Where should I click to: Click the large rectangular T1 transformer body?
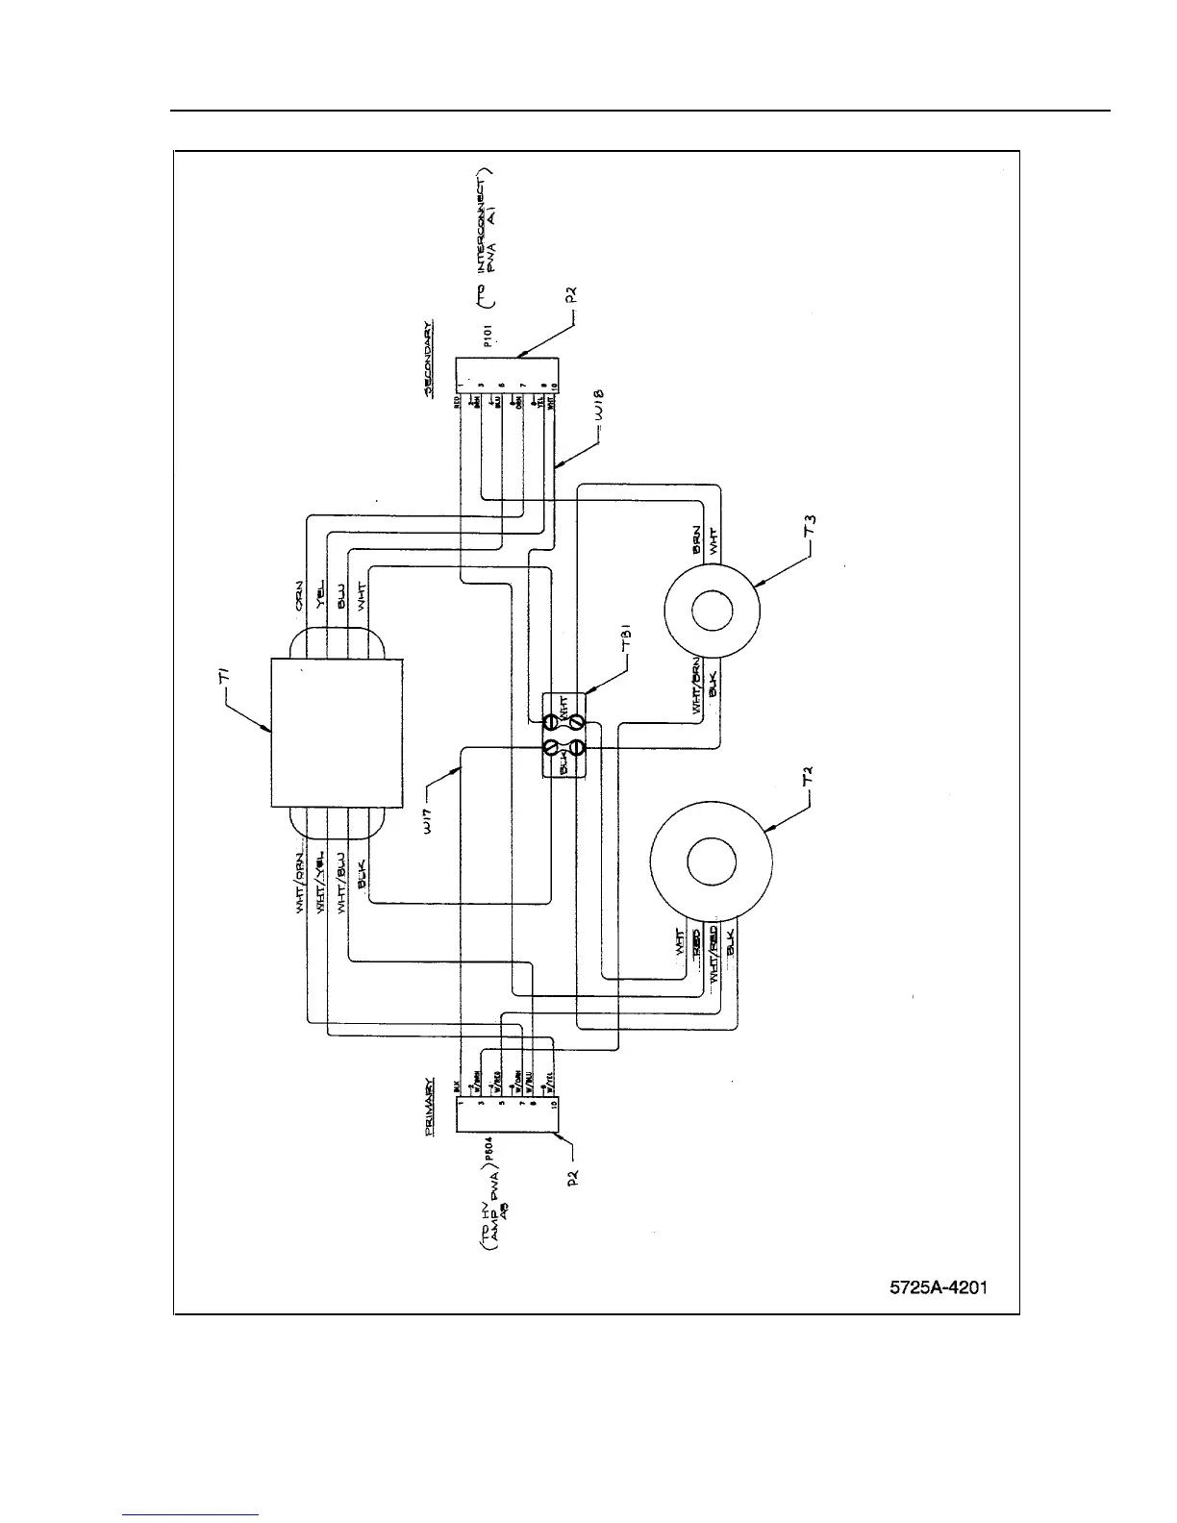338,733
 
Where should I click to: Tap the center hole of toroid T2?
712,862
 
